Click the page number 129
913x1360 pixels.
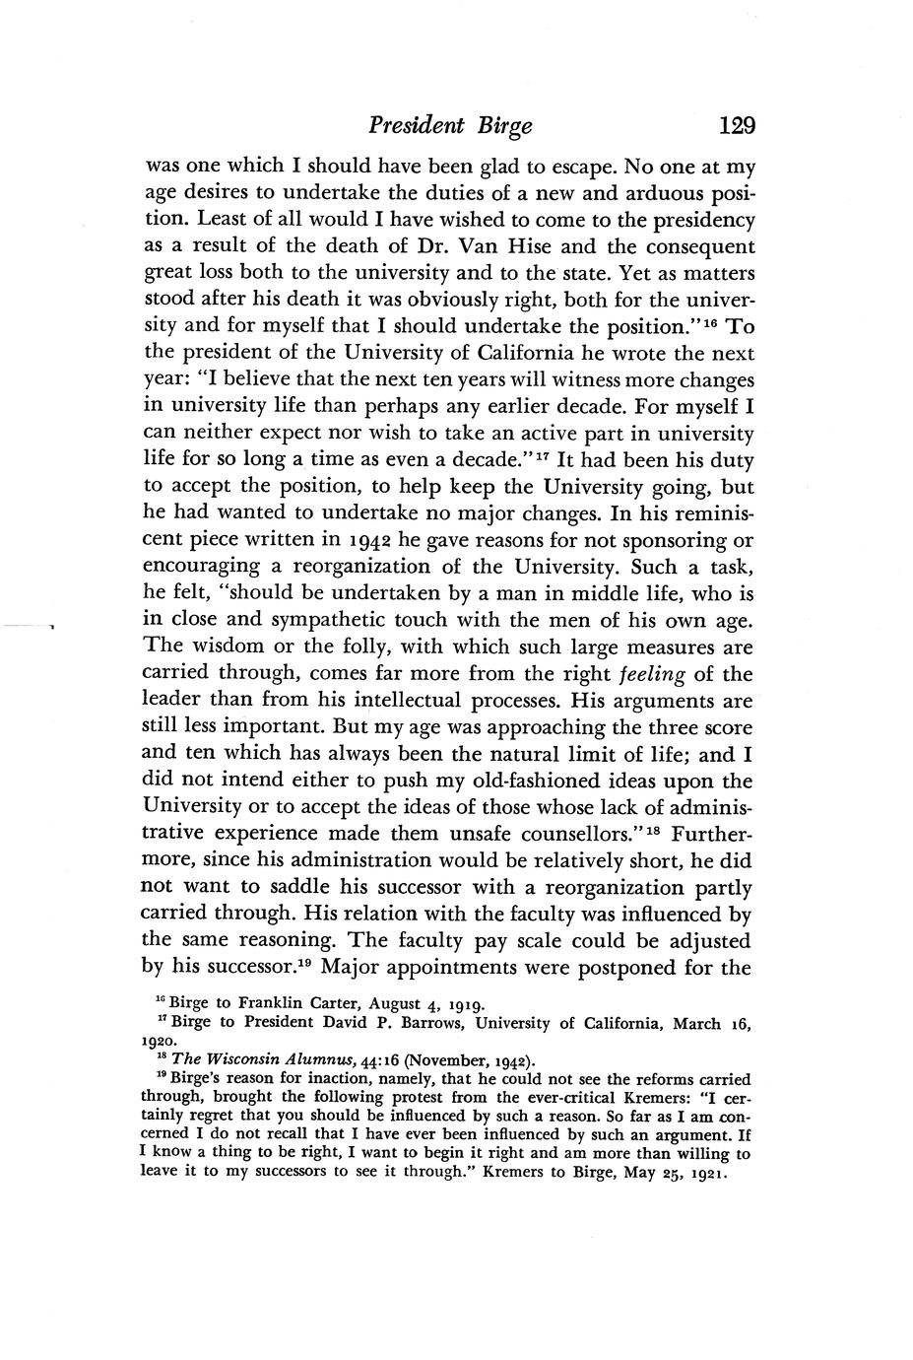(737, 126)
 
